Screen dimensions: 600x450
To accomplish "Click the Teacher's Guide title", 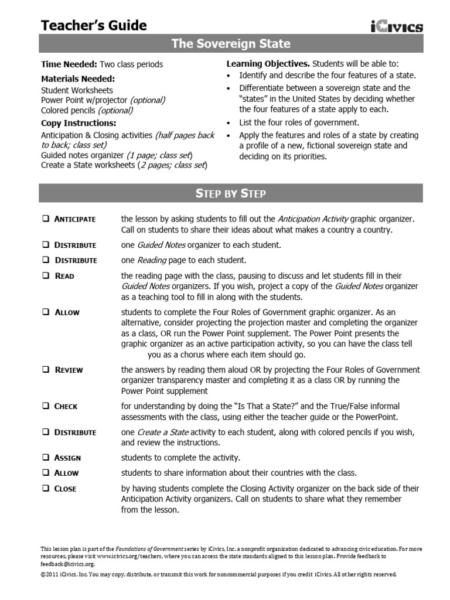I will [x=94, y=25].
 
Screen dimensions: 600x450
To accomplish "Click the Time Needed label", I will [x=69, y=64].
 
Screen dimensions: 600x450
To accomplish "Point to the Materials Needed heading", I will [x=77, y=79].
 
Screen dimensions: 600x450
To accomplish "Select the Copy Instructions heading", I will [x=79, y=123].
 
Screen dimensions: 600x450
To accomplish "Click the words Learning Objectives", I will [x=268, y=63].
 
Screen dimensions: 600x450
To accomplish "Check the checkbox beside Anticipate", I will [x=45, y=219].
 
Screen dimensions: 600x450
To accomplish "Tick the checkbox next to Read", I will [x=45, y=275].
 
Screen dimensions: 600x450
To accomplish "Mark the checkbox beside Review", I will [x=45, y=370].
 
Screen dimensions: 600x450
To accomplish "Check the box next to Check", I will [x=45, y=406].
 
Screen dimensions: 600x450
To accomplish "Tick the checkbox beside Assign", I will [x=45, y=458].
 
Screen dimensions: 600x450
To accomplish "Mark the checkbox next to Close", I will [x=45, y=488].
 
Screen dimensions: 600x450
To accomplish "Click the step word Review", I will [x=69, y=370].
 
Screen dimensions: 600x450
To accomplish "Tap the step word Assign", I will [x=67, y=458].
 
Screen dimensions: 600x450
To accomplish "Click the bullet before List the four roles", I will [x=229, y=122].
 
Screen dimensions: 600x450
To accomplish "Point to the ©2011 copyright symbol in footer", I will [x=43, y=574].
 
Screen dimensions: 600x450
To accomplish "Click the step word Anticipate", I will [x=74, y=219].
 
